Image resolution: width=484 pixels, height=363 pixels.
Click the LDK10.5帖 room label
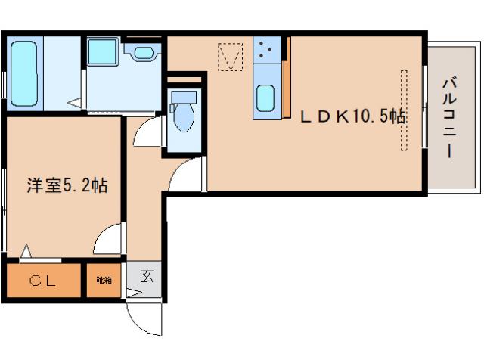(x=353, y=116)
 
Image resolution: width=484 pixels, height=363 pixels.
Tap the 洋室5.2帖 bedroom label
(x=67, y=185)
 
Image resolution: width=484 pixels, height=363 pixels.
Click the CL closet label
(x=42, y=281)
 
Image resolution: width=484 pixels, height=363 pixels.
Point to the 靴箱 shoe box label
(x=104, y=281)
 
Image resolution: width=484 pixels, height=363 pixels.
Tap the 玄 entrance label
(x=147, y=275)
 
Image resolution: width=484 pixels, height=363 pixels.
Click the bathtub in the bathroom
(x=24, y=73)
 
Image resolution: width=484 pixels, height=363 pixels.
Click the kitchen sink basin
(x=265, y=98)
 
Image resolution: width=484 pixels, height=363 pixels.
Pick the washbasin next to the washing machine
(x=144, y=53)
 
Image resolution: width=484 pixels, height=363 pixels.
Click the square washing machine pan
(x=103, y=51)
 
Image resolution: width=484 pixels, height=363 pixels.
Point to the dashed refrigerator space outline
(x=231, y=57)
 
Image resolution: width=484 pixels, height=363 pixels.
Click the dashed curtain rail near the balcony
(x=404, y=110)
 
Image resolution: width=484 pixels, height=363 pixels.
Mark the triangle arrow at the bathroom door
(x=76, y=103)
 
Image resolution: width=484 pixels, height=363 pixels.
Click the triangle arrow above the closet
(x=26, y=251)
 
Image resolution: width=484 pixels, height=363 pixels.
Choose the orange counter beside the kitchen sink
(x=287, y=77)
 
